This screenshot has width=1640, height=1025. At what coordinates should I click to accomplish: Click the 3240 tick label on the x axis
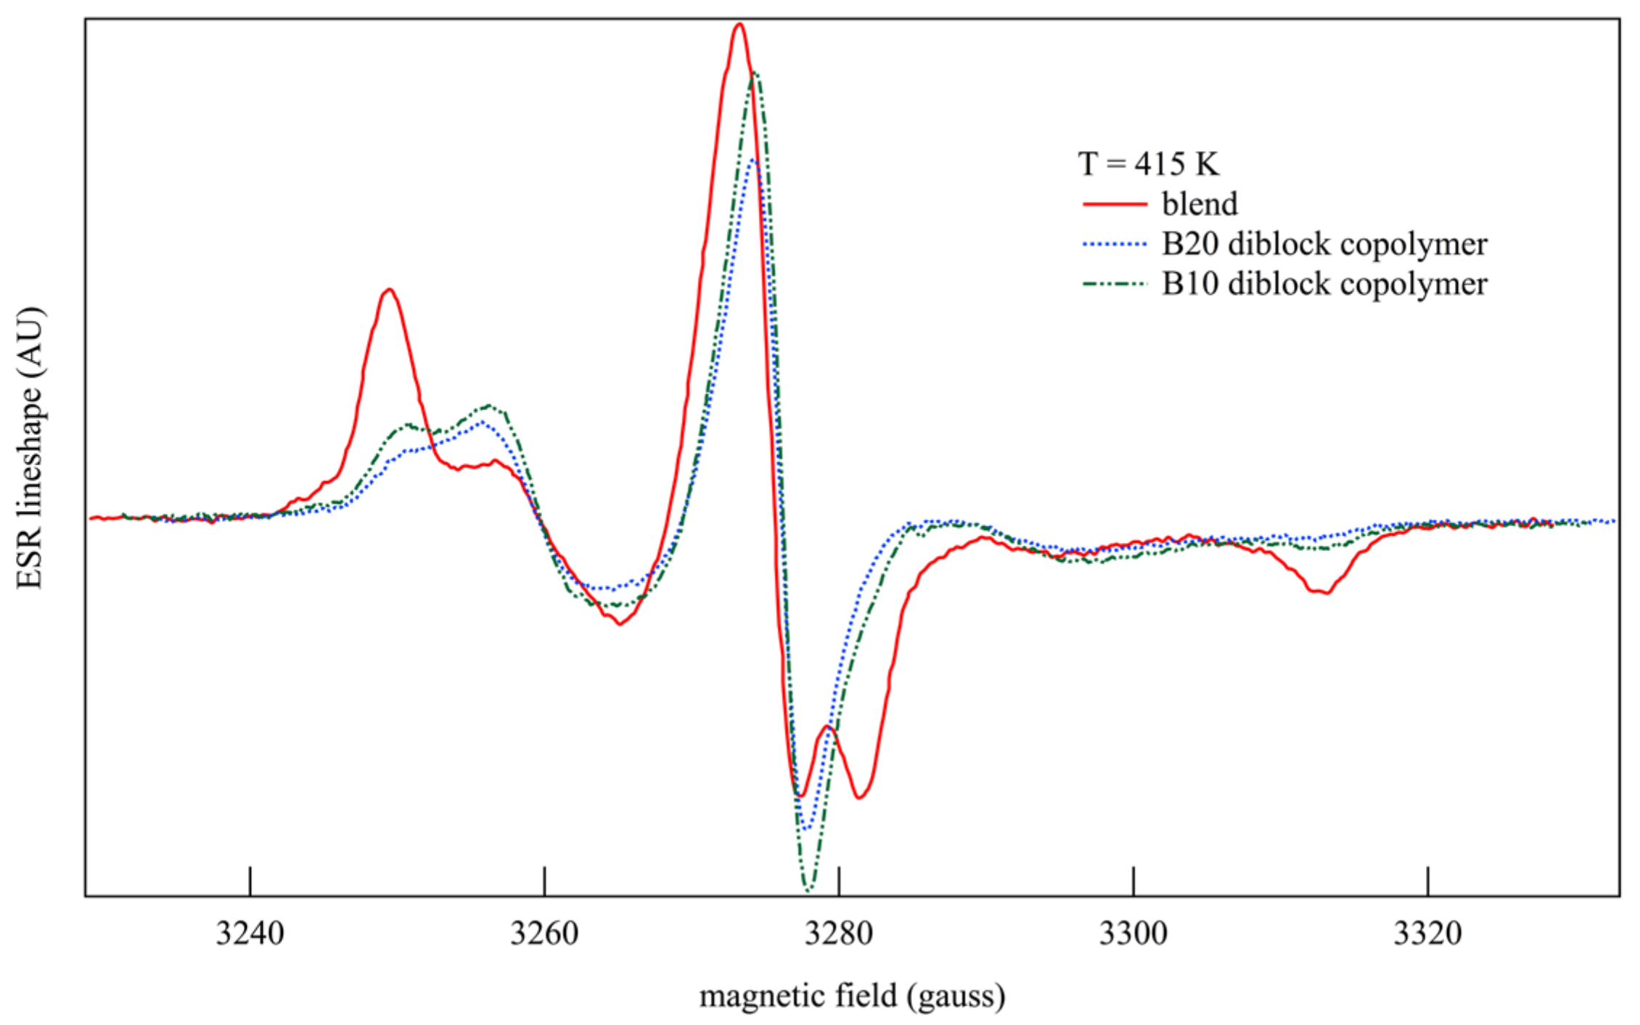point(250,934)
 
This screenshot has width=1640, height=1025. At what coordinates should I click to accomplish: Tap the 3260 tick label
point(544,934)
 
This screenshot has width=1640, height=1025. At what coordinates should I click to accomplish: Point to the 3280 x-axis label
point(839,934)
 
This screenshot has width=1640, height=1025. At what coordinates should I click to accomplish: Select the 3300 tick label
point(1133,934)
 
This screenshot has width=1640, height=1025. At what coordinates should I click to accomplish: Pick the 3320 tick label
point(1427,934)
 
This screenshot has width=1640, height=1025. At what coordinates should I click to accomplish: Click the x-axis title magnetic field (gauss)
point(852,996)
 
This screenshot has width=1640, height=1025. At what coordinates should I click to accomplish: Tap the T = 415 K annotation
point(1148,164)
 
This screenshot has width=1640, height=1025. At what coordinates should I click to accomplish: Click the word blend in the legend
point(1200,204)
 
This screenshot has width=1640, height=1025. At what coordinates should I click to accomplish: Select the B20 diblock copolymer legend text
point(1324,244)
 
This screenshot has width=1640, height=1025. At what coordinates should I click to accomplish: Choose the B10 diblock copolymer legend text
point(1324,284)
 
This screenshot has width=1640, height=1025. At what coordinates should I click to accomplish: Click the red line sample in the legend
point(1115,205)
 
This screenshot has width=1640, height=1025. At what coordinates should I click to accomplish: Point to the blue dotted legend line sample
point(1115,245)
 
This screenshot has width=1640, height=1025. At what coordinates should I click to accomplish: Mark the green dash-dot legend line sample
point(1115,285)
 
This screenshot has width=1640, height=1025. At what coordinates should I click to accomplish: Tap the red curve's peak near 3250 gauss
point(390,290)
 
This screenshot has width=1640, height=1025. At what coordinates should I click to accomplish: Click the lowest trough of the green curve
point(809,889)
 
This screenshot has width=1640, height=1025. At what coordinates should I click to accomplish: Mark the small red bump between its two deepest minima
point(827,727)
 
